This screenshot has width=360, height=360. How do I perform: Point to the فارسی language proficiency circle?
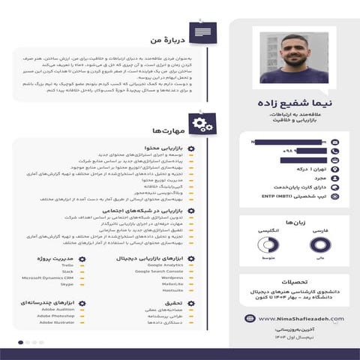pyautogui.click(x=319, y=245)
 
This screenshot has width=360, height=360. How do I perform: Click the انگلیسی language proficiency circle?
pyautogui.click(x=265, y=245)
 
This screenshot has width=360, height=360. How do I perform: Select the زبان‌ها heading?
pyautogui.click(x=292, y=223)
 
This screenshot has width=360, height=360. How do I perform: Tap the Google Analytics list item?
pyautogui.click(x=166, y=265)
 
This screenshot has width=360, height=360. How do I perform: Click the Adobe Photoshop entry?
pyautogui.click(x=58, y=316)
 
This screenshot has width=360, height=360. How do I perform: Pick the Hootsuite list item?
pyautogui.click(x=172, y=290)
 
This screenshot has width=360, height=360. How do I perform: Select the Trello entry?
pyautogui.click(x=67, y=265)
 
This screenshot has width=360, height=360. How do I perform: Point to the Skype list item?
pyautogui.click(x=67, y=284)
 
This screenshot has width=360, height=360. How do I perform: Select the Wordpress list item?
pyautogui.click(x=172, y=277)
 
